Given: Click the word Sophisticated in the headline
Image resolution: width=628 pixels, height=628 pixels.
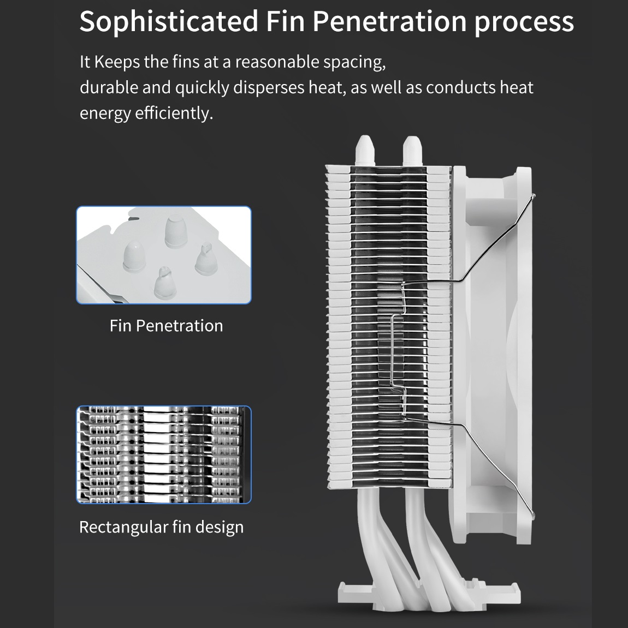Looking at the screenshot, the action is pyautogui.click(x=169, y=21).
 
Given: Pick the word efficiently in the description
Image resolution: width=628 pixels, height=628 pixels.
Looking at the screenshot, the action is pyautogui.click(x=174, y=113).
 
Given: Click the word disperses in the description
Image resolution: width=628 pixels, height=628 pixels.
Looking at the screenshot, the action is pyautogui.click(x=269, y=88).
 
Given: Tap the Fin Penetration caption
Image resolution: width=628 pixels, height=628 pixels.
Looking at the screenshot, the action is pyautogui.click(x=167, y=326).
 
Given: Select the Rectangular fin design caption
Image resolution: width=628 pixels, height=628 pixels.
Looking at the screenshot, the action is pyautogui.click(x=162, y=527).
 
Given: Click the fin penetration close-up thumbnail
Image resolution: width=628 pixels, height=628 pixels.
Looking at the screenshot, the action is pyautogui.click(x=163, y=255).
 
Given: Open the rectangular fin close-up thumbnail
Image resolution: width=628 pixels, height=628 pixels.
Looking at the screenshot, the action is pyautogui.click(x=163, y=454).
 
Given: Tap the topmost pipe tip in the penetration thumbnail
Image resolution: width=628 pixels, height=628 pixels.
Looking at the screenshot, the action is pyautogui.click(x=176, y=231).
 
